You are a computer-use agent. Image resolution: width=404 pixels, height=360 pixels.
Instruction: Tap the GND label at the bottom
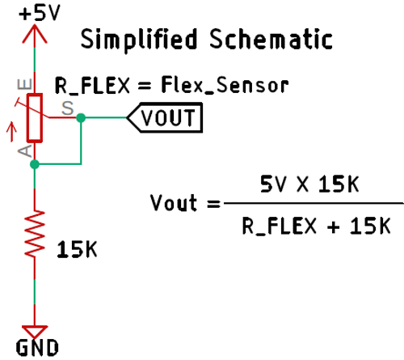click(x=36, y=349)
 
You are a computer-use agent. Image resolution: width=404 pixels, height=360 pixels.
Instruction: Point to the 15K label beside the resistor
click(x=77, y=250)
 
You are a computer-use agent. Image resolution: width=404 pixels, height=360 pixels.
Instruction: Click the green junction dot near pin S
click(x=80, y=118)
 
